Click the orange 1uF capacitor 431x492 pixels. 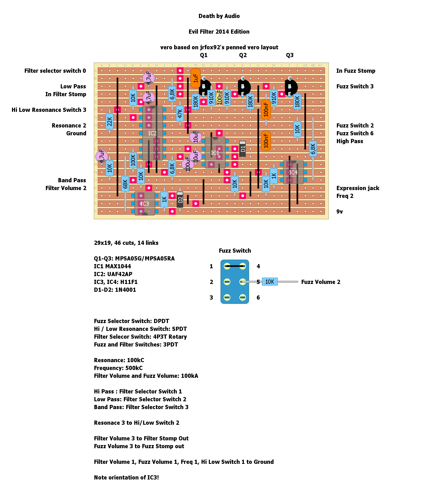pyautogui.click(x=196, y=78)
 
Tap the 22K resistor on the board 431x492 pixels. pyautogui.click(x=110, y=122)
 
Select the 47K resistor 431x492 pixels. pyautogui.click(x=180, y=114)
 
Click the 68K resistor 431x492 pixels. pyautogui.click(x=125, y=184)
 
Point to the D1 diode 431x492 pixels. pyautogui.click(x=242, y=149)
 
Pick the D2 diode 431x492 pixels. pyautogui.click(x=180, y=200)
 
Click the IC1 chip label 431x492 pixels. pyautogui.click(x=215, y=153)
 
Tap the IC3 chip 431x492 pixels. pyautogui.click(x=145, y=204)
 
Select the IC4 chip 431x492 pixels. pyautogui.click(x=293, y=172)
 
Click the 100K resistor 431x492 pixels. pyautogui.click(x=133, y=160)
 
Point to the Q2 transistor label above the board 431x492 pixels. pyautogui.click(x=243, y=55)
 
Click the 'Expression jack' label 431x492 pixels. pyautogui.click(x=358, y=188)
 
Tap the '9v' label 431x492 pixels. pyautogui.click(x=339, y=212)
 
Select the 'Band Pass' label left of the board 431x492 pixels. pyautogui.click(x=72, y=180)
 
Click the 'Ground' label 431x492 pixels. pyautogui.click(x=76, y=133)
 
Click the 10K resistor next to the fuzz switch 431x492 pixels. pyautogui.click(x=270, y=282)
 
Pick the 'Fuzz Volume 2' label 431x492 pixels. pyautogui.click(x=321, y=282)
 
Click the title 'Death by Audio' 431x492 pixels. pyautogui.click(x=219, y=16)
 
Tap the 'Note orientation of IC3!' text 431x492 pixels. pyautogui.click(x=126, y=478)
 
